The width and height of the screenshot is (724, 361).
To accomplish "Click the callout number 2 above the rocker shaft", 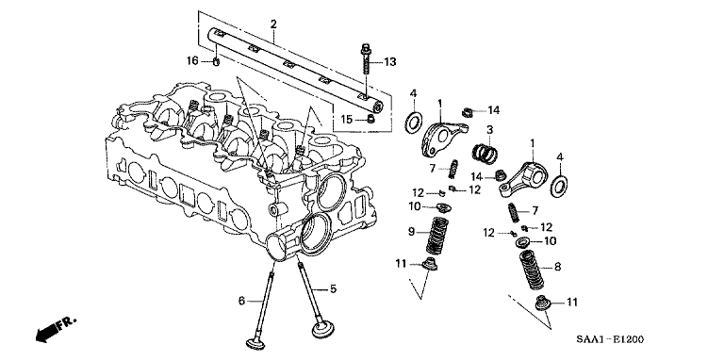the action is pos(273,24).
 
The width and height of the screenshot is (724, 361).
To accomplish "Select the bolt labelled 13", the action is pos(366,59).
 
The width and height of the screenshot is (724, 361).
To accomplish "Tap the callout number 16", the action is pos(192,60).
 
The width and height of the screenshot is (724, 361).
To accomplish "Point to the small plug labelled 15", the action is pos(370,120).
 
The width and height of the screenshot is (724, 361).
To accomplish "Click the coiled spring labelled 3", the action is pos(485,153).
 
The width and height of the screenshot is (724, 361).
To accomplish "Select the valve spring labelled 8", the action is pos(532,269).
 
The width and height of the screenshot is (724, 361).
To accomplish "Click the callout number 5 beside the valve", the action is pos(333,289).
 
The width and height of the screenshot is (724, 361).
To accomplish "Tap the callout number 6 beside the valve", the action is pos(241,301).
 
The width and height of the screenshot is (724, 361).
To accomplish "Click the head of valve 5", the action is pos(321,330).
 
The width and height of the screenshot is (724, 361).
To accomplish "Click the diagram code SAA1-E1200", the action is pos(609,339).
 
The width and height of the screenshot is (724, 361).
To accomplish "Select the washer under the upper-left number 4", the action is pos(413,122).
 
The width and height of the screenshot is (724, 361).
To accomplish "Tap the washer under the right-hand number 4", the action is pos(559,186).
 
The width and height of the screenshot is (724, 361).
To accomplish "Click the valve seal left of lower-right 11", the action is pos(542,304).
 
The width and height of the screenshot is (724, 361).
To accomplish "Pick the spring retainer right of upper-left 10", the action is pos(442,207).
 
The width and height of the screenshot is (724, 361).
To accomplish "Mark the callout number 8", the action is pos(558,267).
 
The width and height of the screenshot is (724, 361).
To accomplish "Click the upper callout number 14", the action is pos(494,110).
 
